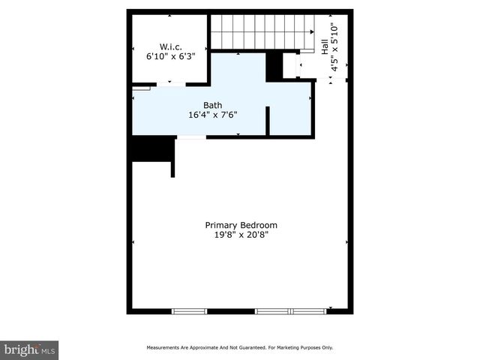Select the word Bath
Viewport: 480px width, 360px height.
(213, 106)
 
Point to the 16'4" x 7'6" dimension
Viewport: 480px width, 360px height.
(213, 115)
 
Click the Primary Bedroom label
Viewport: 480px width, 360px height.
(241, 225)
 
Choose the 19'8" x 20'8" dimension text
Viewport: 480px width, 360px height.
(241, 235)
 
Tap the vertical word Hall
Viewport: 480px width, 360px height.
(325, 46)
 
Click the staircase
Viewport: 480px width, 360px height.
(259, 31)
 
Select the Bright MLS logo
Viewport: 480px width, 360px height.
(30, 349)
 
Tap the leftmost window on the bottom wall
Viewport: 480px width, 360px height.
(189, 310)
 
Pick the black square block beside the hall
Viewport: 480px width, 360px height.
(274, 66)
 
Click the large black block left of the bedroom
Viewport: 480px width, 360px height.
(153, 148)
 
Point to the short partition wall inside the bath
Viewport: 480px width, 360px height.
(268, 121)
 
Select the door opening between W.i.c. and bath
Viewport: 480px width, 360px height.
(171, 84)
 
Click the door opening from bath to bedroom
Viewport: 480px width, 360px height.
(190, 136)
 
